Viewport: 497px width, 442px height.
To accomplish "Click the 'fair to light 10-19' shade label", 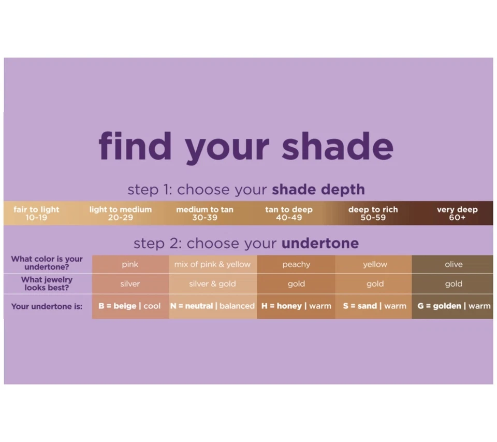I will point(36,213).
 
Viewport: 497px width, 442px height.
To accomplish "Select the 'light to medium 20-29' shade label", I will point(121,213).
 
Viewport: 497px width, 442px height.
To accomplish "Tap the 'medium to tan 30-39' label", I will point(204,213).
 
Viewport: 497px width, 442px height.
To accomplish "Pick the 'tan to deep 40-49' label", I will point(289,213).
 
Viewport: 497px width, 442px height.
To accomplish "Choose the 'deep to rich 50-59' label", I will point(373,213).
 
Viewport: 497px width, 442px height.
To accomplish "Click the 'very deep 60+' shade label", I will point(457,213).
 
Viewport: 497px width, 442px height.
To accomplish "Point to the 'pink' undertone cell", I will point(130,264).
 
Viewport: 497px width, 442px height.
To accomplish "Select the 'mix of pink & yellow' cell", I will point(212,264).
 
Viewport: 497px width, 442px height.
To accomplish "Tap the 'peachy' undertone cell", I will point(296,264).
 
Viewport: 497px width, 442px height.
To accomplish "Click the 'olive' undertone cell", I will point(454,264).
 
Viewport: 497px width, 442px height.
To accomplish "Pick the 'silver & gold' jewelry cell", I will point(212,284).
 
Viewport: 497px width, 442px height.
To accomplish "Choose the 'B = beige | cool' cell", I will point(130,306).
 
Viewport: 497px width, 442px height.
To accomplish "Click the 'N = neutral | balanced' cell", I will point(212,306).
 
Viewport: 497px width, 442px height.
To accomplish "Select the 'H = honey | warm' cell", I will point(296,306).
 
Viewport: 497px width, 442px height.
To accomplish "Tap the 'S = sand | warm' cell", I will point(374,306).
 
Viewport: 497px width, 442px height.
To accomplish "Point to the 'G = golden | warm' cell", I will point(454,306).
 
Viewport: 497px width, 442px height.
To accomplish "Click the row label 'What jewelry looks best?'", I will point(47,283).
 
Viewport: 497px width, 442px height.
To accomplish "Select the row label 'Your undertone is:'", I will point(47,306).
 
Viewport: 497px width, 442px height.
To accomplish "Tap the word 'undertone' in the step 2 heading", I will point(320,243).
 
